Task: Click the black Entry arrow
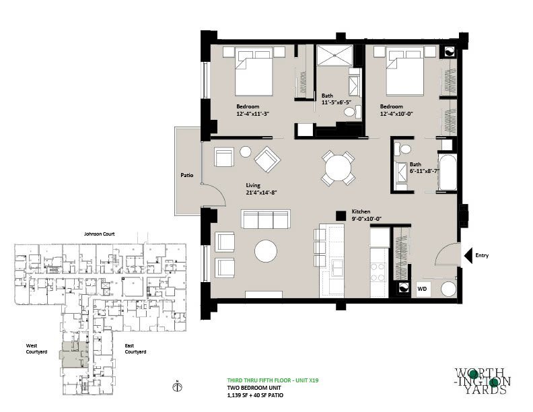pyautogui.click(x=468, y=255)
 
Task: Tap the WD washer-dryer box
pyautogui.click(x=423, y=289)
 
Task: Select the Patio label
pyautogui.click(x=187, y=175)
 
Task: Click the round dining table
pyautogui.click(x=339, y=168)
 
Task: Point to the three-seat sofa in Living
pyautogui.click(x=265, y=219)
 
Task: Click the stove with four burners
pyautogui.click(x=378, y=272)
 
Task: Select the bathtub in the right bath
pyautogui.click(x=448, y=173)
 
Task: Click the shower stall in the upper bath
pyautogui.click(x=335, y=55)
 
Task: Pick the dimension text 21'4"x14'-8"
pyautogui.click(x=262, y=193)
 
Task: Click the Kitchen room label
pyautogui.click(x=361, y=211)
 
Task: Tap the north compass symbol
pyautogui.click(x=177, y=386)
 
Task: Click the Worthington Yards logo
pyautogui.click(x=483, y=381)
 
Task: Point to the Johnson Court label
pyautogui.click(x=99, y=234)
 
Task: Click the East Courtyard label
pyautogui.click(x=135, y=349)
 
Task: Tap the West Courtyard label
pyautogui.click(x=36, y=349)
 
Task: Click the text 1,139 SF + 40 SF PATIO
pyautogui.click(x=255, y=395)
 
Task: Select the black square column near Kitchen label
pyautogui.click(x=341, y=216)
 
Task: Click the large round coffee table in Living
pyautogui.click(x=266, y=251)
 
